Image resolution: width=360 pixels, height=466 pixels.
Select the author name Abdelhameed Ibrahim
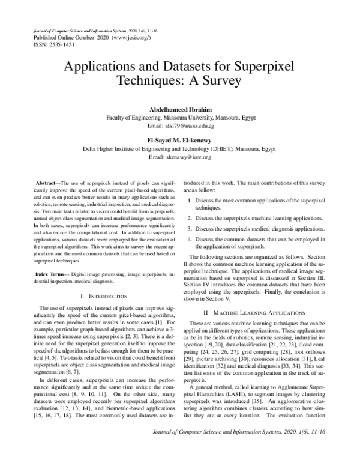click(180, 109)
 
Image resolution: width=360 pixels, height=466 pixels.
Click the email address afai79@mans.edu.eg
click(180, 127)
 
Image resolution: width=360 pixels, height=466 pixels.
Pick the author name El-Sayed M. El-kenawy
click(180, 140)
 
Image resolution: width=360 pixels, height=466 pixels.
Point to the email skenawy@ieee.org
click(180, 157)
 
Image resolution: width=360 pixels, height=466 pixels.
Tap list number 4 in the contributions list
click(190, 240)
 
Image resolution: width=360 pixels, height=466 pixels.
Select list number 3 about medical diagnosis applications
click(190, 229)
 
